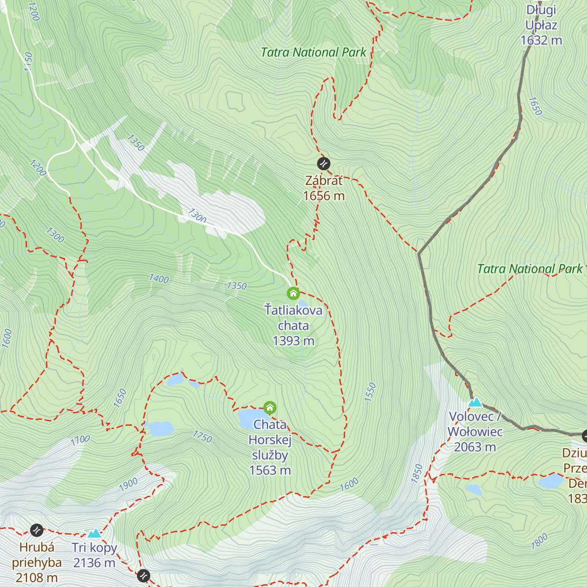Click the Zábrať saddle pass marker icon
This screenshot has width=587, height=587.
pos(323,163)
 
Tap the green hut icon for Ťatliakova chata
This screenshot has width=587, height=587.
pos(293,293)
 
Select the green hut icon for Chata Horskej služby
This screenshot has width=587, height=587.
pos(270,407)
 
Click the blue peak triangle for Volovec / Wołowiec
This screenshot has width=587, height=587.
pos(475,402)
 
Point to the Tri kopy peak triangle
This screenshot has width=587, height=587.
pos(94,533)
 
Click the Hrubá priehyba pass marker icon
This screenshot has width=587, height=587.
pos(37,530)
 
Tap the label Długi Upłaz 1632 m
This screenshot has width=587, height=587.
pos(541,25)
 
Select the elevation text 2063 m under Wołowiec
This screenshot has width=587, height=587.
pos(474,447)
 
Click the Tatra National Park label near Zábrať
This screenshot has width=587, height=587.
pos(314,52)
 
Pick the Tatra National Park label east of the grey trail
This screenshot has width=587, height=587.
pos(530,269)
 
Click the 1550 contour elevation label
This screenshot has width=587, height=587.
pos(370,392)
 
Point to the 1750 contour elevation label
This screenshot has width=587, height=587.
pos(202,436)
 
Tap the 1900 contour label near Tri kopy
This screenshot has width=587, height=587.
pos(128,485)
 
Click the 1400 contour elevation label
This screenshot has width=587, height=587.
pos(159,279)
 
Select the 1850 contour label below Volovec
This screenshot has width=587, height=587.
pos(417,474)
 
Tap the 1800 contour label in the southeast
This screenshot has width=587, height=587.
pos(540,542)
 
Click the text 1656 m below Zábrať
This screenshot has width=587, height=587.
pos(324,196)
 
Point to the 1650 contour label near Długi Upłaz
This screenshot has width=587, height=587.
pos(536,106)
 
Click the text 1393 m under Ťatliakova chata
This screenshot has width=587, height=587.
pos(293,341)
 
